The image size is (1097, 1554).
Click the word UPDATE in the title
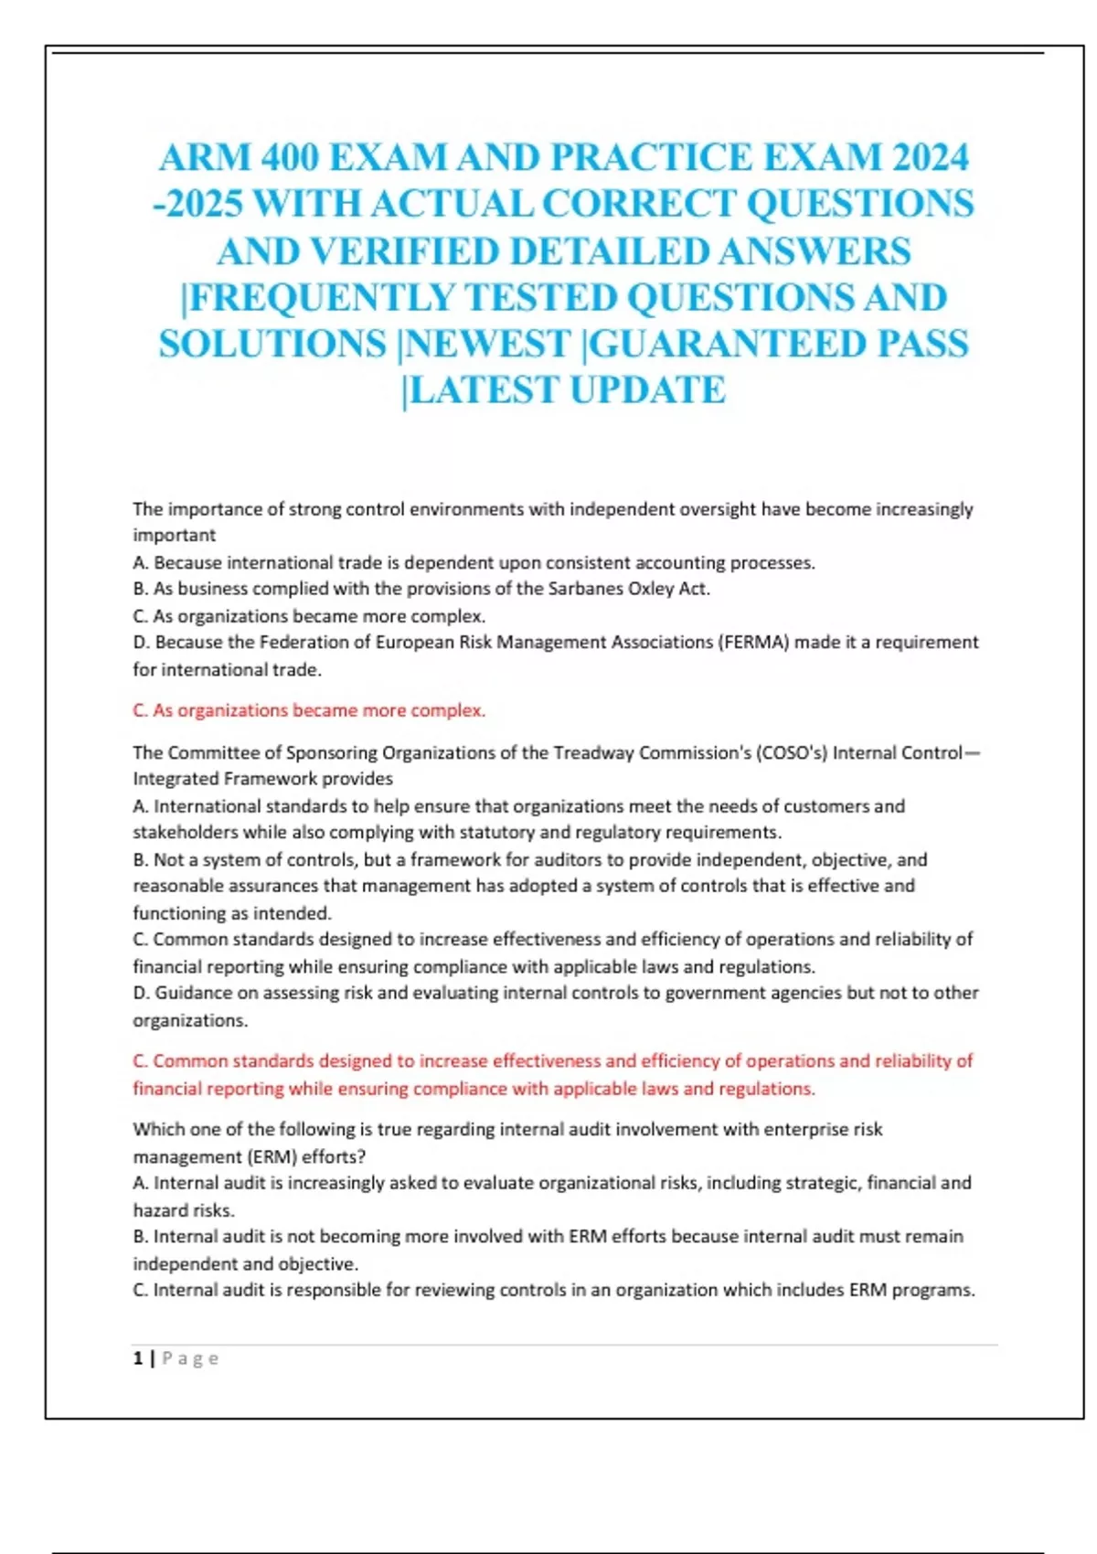[647, 390]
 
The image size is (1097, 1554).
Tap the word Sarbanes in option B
[586, 589]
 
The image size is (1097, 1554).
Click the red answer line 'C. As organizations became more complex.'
[309, 710]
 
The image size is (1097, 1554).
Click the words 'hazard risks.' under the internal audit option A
[184, 1210]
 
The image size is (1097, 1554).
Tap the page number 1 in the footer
[138, 1358]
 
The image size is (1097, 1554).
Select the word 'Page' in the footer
[191, 1358]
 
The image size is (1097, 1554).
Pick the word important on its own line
[175, 536]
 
